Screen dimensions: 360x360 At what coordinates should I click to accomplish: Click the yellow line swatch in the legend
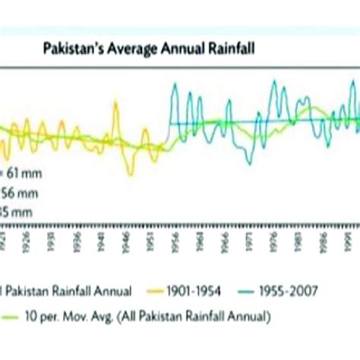155,290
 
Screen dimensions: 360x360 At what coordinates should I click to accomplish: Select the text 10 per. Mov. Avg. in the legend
71,314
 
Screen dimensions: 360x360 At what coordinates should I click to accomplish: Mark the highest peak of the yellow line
115,105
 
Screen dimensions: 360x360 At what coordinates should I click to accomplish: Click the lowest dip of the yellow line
131,174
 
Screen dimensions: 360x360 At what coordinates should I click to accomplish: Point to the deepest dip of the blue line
248,162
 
